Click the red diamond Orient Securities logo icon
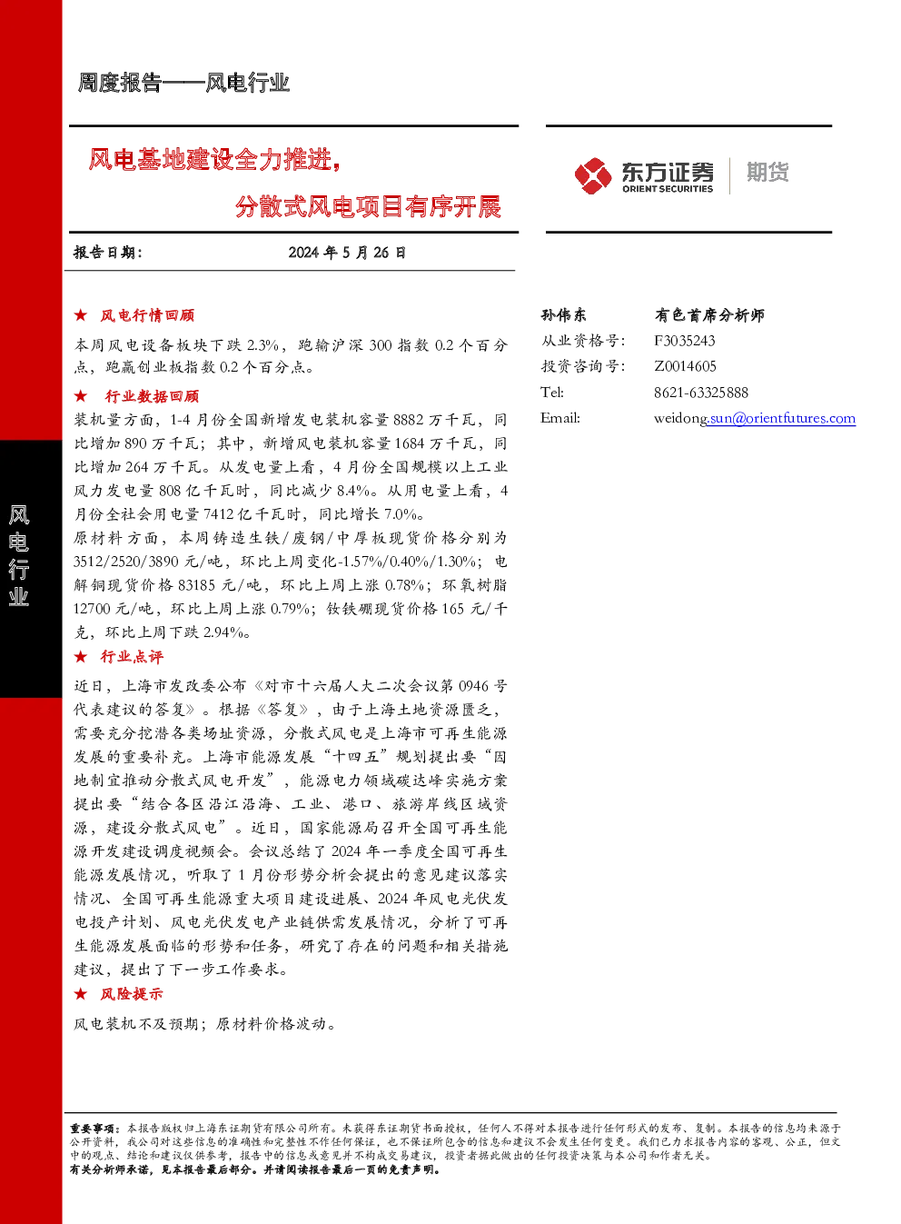[592, 175]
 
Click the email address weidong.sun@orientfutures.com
[755, 419]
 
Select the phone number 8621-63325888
[701, 393]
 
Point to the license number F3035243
[684, 341]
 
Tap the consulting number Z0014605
[685, 366]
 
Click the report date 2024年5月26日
[347, 253]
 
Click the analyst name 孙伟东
[563, 314]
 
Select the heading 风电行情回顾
[147, 315]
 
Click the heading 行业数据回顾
[152, 395]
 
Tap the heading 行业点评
[132, 657]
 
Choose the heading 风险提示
[132, 994]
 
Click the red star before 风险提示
[81, 994]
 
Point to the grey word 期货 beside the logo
[767, 172]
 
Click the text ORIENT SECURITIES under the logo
[668, 189]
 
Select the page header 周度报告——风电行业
[183, 83]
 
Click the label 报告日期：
[108, 253]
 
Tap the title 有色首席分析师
[709, 314]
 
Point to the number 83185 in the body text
[196, 585]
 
